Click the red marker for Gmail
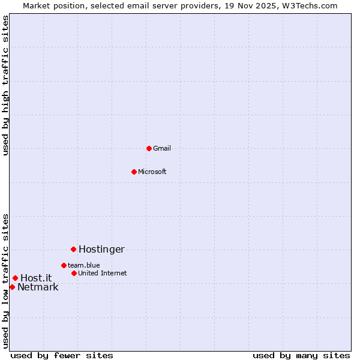pos(149,148)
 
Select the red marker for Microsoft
pos(134,172)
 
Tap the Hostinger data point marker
pos(73,249)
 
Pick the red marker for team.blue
pos(64,265)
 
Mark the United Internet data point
pos(74,273)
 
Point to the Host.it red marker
pos(15,278)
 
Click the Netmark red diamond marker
pos(12,287)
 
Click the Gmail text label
pos(162,148)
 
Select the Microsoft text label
pos(152,172)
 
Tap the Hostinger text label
pos(101,249)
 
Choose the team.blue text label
pos(84,265)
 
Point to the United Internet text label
pos(103,273)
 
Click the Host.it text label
pos(36,278)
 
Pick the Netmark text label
pos(38,287)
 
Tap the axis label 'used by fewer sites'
pos(62,355)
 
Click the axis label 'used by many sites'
pos(301,355)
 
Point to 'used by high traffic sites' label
pos(5,85)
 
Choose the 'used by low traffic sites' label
pos(5,281)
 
